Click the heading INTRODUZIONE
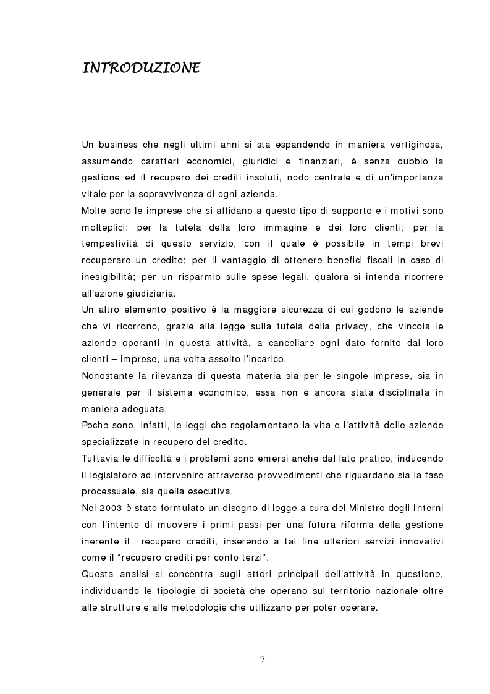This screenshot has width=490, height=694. (x=140, y=67)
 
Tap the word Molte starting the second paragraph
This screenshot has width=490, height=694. (x=94, y=209)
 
